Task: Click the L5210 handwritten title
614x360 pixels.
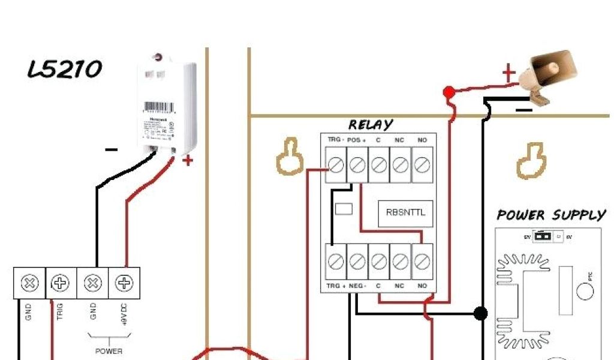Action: coord(65,70)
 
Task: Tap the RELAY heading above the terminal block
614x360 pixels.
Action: coord(371,125)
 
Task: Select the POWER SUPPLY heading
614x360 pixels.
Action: coord(551,215)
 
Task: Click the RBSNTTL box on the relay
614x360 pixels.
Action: coord(405,212)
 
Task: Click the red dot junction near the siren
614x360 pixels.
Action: coord(448,92)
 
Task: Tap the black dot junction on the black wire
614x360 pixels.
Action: coord(480,313)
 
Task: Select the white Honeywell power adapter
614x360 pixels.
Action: coord(166,105)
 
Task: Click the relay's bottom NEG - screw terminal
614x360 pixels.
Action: coord(357,261)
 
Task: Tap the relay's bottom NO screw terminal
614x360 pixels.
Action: coord(422,261)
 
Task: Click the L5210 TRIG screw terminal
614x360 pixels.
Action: coord(61,283)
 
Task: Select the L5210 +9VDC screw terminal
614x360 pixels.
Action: coord(124,283)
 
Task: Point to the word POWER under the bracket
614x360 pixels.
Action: coord(109,351)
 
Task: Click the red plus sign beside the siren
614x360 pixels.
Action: coord(508,74)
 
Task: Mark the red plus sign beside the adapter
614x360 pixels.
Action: coord(188,160)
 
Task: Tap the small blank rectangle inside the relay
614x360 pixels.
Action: coord(344,209)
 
